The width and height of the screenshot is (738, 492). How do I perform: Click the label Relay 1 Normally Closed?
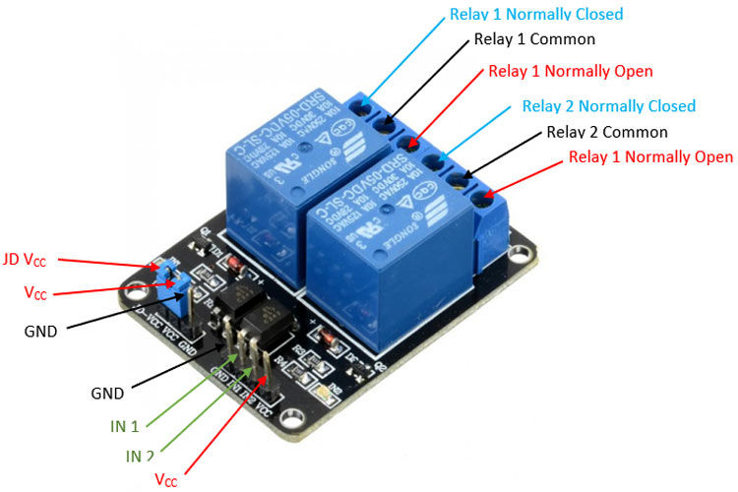(536, 15)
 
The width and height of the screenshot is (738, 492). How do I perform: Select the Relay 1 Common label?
(534, 40)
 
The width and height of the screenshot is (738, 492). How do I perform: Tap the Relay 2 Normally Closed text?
(608, 106)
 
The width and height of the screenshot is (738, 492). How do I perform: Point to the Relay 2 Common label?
(606, 132)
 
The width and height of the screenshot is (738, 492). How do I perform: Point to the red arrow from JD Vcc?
(108, 263)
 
